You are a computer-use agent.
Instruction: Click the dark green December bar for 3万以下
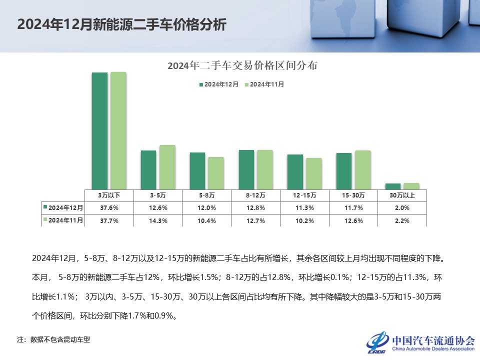tap(99, 130)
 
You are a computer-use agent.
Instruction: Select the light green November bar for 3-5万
tap(167, 167)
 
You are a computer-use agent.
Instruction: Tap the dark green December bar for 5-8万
tap(197, 170)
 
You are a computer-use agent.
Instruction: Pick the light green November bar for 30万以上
tap(411, 186)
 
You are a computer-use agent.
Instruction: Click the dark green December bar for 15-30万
tap(344, 171)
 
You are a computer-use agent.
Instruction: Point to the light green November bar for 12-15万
tap(313, 173)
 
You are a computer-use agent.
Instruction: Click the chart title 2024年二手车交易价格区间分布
tap(242, 65)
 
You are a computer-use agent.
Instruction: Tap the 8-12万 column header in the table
tap(255, 195)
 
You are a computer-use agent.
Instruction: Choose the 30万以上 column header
tap(402, 195)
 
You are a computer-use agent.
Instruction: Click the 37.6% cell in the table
tap(109, 207)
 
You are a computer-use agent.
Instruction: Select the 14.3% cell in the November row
tap(158, 220)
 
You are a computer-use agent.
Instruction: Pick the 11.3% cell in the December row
tap(304, 207)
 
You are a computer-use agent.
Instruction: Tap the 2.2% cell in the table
tap(402, 220)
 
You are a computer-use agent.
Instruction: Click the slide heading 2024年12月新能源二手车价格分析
tap(121, 25)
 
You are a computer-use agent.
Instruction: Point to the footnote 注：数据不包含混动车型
tap(53, 339)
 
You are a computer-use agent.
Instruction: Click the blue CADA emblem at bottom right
tap(377, 342)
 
